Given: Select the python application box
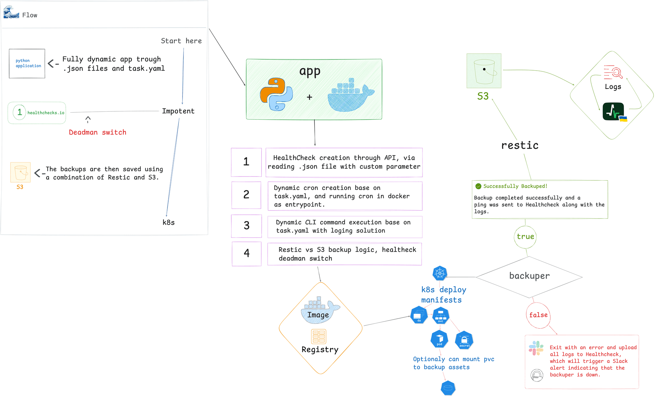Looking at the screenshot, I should coord(27,64).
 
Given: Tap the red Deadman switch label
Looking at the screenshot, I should coord(98,132).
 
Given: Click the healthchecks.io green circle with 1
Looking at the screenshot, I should coord(19,112).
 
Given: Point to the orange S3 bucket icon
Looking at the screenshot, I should coord(21,172).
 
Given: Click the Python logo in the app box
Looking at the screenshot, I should coord(276,94).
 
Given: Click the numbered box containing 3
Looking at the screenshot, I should coord(246,226).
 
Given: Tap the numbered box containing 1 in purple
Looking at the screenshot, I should coord(246,162).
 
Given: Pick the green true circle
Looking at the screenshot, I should coord(525,237).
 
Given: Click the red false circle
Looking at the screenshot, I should coord(538,315).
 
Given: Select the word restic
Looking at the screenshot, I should coord(520,145).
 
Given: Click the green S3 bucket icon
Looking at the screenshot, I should coord(484,71).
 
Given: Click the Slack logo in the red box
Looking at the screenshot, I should coord(536,348).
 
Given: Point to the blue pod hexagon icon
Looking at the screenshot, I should coord(439,339).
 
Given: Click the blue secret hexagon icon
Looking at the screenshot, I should coord(464,340).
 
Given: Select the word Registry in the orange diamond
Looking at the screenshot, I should coord(320,349).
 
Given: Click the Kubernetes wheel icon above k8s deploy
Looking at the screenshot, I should coord(440,273).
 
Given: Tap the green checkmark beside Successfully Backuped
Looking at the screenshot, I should coord(478,186).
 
